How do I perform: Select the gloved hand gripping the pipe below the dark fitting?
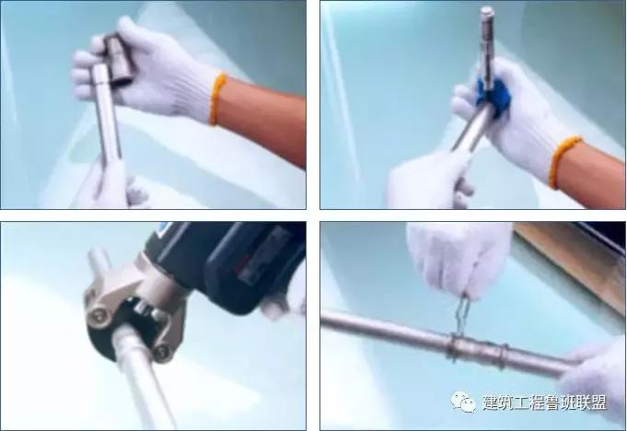coord(115,189)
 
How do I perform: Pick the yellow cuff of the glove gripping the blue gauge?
coord(564,160)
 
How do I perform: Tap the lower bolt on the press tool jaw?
coord(163,350)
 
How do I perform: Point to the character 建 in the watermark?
coord(492,402)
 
